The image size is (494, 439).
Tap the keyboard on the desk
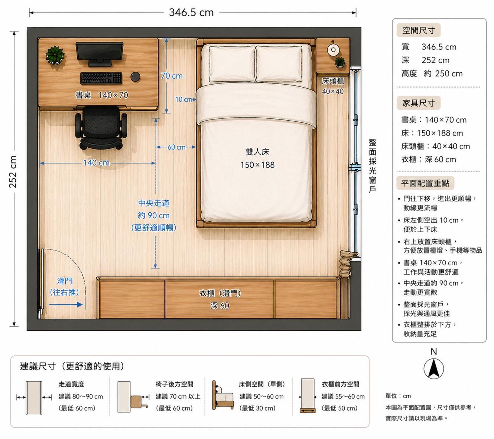(x=101, y=78)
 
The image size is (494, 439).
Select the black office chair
(x=101, y=128)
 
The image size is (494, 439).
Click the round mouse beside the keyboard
(x=135, y=76)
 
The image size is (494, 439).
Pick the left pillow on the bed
(x=232, y=64)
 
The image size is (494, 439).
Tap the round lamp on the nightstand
(x=333, y=50)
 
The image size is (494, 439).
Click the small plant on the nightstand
(x=339, y=62)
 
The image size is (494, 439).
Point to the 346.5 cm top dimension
(x=191, y=12)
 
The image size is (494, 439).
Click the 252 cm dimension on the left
(x=13, y=172)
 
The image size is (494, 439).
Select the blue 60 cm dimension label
(x=176, y=147)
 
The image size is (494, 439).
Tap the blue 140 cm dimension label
(x=96, y=163)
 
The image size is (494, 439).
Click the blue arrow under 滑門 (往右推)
(x=66, y=305)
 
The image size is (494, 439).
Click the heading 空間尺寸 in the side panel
(x=418, y=30)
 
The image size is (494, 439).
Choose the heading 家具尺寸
(x=418, y=103)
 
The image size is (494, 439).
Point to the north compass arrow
(x=433, y=368)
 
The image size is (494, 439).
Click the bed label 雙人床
(x=257, y=152)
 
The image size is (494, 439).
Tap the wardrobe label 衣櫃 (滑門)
(x=220, y=293)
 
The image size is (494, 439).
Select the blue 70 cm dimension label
(x=172, y=76)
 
